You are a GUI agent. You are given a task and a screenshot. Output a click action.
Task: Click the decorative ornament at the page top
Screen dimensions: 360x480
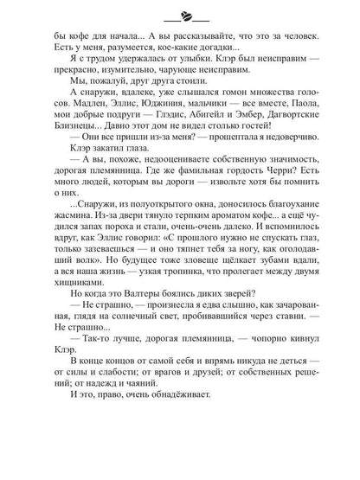click(x=183, y=15)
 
